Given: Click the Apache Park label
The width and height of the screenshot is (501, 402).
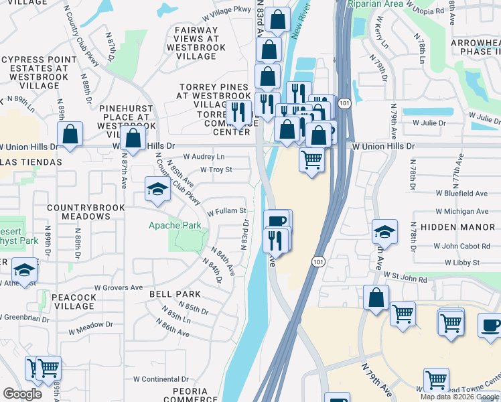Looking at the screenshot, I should pyautogui.click(x=174, y=226).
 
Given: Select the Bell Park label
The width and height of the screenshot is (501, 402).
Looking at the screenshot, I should pyautogui.click(x=175, y=294).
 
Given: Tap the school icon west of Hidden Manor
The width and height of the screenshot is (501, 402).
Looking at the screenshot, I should pyautogui.click(x=384, y=232).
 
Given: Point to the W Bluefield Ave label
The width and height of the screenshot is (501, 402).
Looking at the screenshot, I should pyautogui.click(x=461, y=193).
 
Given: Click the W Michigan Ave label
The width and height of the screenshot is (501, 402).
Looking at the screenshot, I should pyautogui.click(x=461, y=211).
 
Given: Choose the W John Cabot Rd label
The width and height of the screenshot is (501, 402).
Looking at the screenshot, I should pyautogui.click(x=461, y=246).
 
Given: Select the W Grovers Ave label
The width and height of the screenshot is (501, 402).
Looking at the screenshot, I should pyautogui.click(x=119, y=287).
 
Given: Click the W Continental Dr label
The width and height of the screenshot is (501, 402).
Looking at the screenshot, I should pyautogui.click(x=161, y=379).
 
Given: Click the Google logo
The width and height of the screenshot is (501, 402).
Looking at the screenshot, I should pyautogui.click(x=22, y=394).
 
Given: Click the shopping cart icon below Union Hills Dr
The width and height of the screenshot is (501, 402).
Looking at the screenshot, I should pyautogui.click(x=311, y=161).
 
